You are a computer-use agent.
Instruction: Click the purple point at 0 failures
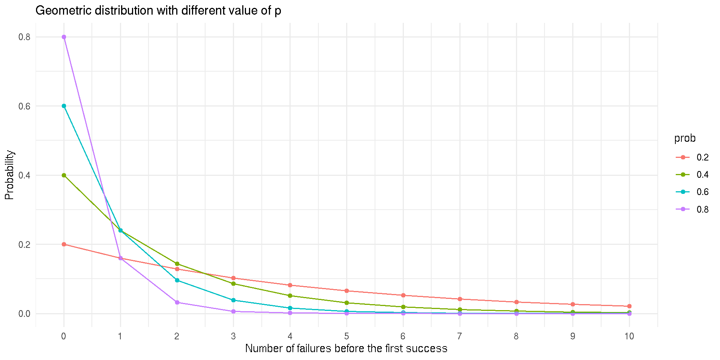point(64,37)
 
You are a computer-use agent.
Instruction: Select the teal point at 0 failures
point(64,106)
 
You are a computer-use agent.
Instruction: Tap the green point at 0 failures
point(64,175)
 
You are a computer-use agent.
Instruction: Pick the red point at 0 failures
point(64,244)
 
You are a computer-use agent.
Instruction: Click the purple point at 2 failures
point(177,302)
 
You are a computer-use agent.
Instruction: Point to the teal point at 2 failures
point(177,280)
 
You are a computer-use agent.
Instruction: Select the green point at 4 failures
point(290,295)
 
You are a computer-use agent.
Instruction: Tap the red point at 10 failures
point(629,306)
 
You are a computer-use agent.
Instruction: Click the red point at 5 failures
point(346,291)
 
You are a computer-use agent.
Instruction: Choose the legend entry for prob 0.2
point(692,157)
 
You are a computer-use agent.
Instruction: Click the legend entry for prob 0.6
point(692,192)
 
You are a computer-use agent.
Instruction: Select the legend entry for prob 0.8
point(692,209)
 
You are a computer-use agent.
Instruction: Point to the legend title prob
point(685,138)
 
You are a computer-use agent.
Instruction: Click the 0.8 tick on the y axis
point(24,37)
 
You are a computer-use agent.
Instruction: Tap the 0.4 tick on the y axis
point(24,175)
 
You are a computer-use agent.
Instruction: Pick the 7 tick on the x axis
point(459,336)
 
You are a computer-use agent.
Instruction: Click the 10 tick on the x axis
point(629,336)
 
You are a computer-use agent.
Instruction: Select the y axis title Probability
point(9,175)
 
